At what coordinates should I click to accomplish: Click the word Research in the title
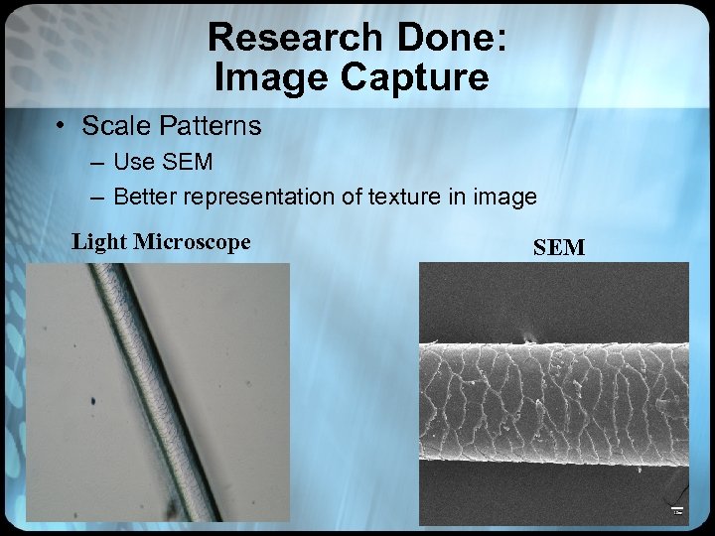(294, 38)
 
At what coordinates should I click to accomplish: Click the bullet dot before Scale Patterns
(62, 126)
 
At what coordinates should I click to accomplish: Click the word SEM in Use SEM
(191, 162)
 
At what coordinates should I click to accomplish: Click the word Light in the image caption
(99, 241)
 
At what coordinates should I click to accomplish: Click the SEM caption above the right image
(559, 248)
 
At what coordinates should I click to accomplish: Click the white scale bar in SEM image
(677, 510)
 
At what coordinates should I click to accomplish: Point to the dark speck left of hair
(92, 401)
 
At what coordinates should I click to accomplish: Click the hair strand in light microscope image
(159, 397)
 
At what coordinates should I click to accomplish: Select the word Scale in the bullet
(109, 126)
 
